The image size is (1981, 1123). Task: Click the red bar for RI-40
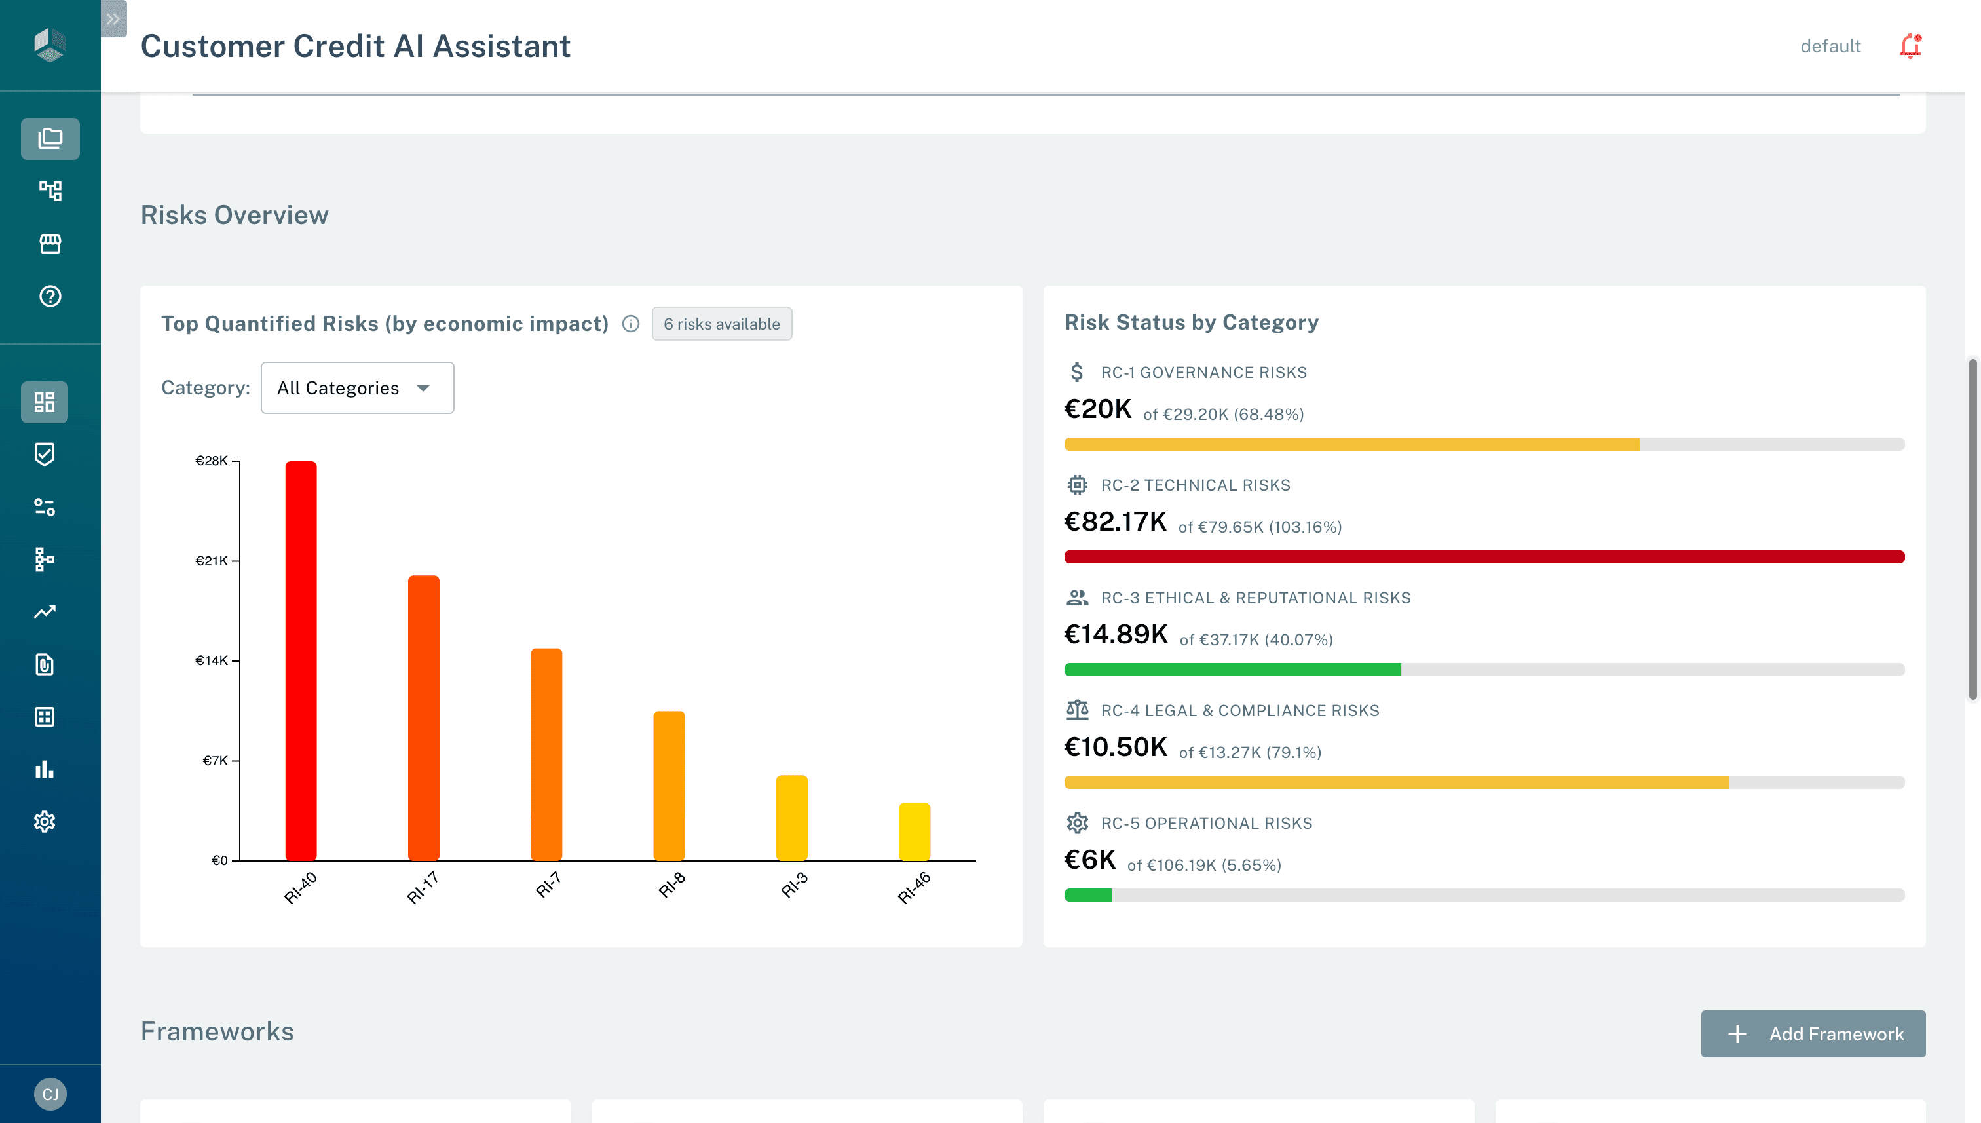coord(301,660)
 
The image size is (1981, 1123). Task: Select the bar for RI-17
coord(423,717)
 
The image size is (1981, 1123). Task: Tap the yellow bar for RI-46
coord(914,831)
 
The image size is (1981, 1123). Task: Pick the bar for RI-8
coord(669,785)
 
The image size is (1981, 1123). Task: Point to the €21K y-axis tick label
coord(212,561)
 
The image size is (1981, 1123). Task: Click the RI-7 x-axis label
coord(548,885)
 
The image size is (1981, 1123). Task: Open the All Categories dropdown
coord(357,388)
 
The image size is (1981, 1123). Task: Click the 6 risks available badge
coord(721,324)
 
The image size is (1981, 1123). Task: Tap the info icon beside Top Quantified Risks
coord(631,324)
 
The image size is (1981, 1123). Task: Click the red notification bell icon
coord(1910,47)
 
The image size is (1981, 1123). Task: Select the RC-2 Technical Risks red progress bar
coord(1484,557)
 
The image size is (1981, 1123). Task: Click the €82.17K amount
coord(1115,522)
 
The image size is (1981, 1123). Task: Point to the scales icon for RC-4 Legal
coord(1077,710)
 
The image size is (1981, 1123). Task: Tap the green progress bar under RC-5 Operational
coord(1088,895)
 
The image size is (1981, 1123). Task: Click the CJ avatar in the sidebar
coord(50,1094)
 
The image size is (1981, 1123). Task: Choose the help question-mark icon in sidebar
coord(50,296)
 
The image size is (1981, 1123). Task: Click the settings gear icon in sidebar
coord(45,822)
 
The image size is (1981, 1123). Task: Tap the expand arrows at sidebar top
coord(113,18)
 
